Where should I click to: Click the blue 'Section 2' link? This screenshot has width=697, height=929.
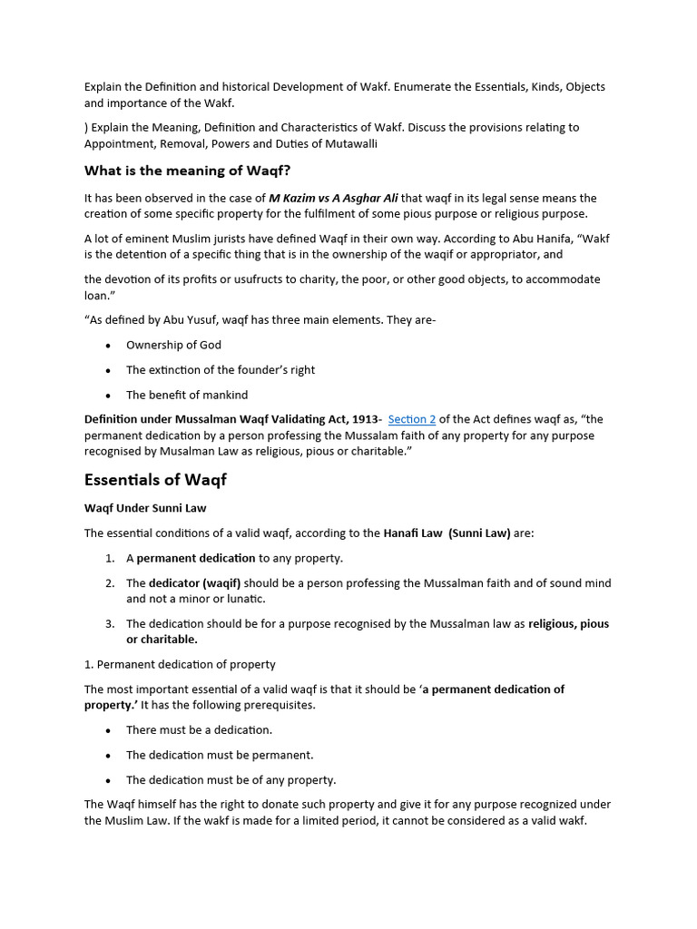[412, 419]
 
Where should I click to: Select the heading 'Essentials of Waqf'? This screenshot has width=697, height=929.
[155, 479]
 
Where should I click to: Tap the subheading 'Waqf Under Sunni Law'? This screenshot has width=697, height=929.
[152, 507]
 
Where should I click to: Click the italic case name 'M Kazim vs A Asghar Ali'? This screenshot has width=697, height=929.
[333, 198]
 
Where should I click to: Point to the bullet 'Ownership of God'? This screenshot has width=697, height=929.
[173, 345]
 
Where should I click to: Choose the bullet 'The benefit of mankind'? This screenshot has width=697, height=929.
[187, 395]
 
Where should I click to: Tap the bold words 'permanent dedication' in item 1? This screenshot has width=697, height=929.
[195, 558]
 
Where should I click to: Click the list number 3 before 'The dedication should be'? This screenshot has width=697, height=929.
[109, 623]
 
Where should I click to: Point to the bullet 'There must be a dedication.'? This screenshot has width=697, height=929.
[199, 729]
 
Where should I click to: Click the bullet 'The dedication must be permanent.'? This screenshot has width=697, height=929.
[220, 755]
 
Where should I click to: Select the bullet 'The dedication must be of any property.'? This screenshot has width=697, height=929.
[231, 779]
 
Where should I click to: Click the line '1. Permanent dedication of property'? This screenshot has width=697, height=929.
[180, 664]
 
